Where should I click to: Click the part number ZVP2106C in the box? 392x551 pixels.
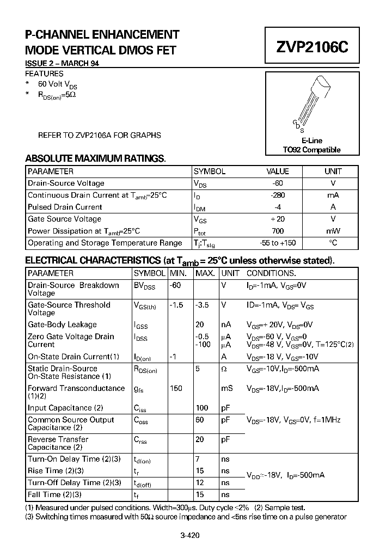click(x=311, y=47)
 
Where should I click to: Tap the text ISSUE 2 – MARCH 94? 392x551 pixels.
click(x=62, y=64)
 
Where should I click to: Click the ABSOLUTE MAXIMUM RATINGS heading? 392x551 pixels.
click(x=95, y=158)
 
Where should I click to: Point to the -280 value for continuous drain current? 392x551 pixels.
click(x=278, y=195)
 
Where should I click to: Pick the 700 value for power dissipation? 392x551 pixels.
click(x=278, y=231)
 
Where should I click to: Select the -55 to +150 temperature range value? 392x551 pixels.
click(x=278, y=243)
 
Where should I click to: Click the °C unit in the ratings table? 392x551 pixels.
click(x=333, y=243)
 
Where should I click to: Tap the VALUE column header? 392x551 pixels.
click(x=278, y=171)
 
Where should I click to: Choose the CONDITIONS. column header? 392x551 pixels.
click(x=271, y=273)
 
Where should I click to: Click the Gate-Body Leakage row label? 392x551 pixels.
click(x=62, y=325)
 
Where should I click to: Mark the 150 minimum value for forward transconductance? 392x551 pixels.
click(x=176, y=388)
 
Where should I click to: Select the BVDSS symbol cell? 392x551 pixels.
click(x=145, y=286)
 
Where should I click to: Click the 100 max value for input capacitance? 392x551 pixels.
click(x=202, y=408)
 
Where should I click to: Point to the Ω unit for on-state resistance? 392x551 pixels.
click(x=224, y=369)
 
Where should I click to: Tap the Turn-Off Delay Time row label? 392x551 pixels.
click(x=75, y=482)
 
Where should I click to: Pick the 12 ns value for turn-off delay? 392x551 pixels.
click(x=200, y=482)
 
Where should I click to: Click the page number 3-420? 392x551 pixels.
click(x=190, y=535)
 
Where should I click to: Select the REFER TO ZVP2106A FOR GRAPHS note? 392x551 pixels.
click(x=99, y=135)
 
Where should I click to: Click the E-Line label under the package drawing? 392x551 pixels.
click(x=312, y=140)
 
